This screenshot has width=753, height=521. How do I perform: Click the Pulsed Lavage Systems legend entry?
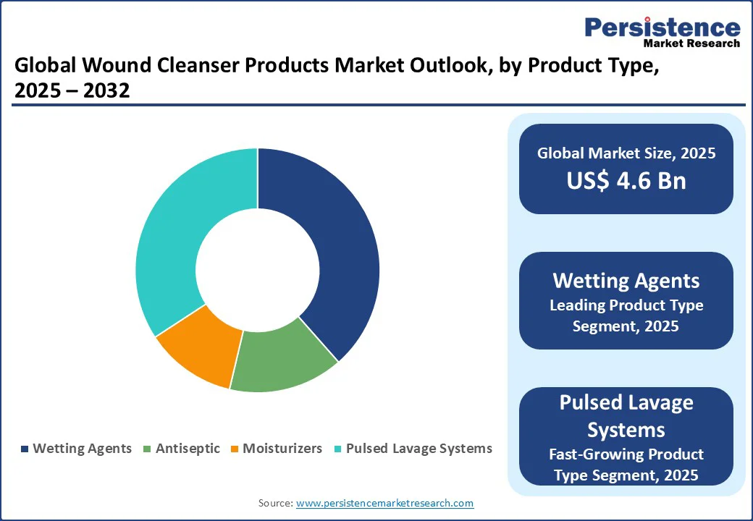click(x=412, y=449)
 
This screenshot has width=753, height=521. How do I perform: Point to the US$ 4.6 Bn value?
click(x=626, y=180)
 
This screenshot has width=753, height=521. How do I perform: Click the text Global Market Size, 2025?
click(x=626, y=153)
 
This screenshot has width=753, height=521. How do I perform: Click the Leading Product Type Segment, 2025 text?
click(x=626, y=315)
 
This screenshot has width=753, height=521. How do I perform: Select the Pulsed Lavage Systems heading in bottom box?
click(x=626, y=415)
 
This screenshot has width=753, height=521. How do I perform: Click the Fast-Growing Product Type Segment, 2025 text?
click(x=626, y=464)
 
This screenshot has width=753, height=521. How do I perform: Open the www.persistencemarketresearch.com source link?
click(x=384, y=503)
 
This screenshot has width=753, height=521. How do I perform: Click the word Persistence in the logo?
click(x=662, y=27)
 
